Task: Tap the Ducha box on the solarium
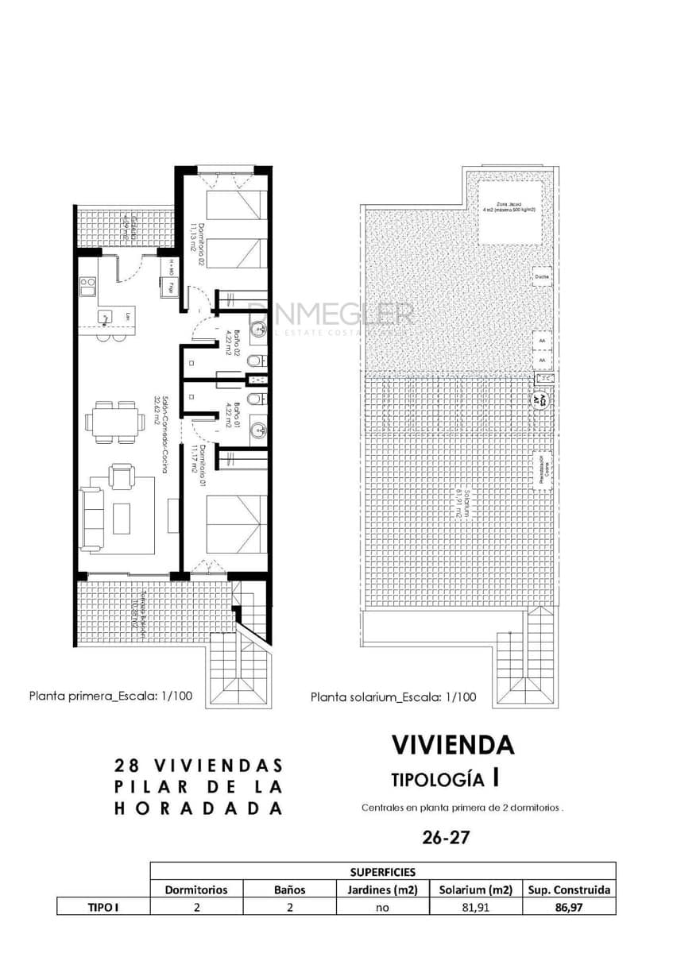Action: click(x=542, y=276)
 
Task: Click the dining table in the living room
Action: click(x=110, y=422)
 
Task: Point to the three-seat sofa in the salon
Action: click(x=91, y=520)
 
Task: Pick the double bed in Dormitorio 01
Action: click(x=236, y=523)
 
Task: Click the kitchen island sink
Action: click(x=106, y=317)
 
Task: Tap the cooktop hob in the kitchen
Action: click(x=88, y=282)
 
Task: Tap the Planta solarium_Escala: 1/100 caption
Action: click(x=393, y=697)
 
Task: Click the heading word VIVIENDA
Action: click(x=453, y=745)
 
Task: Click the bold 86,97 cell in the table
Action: click(x=569, y=907)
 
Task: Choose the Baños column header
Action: click(x=289, y=889)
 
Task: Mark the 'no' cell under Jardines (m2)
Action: click(x=382, y=907)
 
